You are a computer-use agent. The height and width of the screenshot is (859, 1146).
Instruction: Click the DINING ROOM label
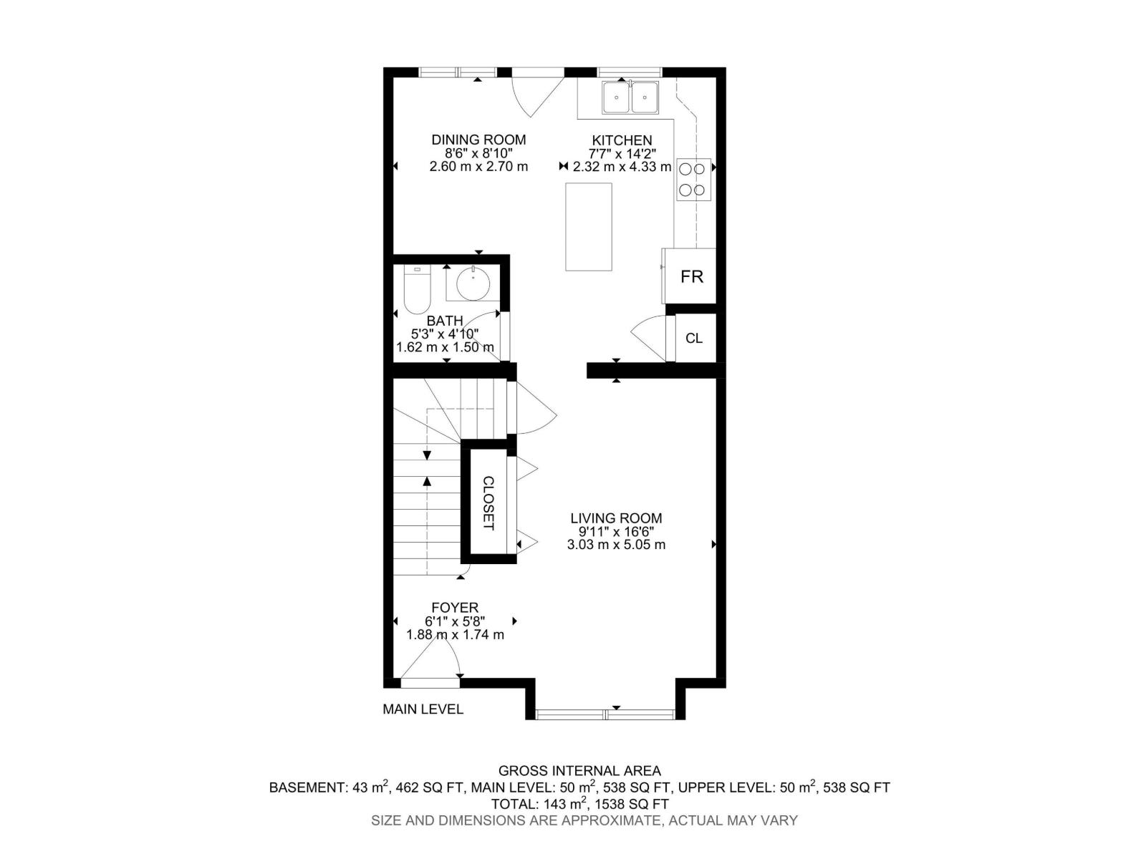click(478, 140)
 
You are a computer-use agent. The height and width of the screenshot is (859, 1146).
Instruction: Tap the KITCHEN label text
click(622, 140)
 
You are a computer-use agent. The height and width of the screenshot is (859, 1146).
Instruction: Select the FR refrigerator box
click(691, 276)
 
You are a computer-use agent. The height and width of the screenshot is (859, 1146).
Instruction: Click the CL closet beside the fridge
click(693, 338)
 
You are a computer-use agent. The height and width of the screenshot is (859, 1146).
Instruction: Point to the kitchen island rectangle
click(589, 227)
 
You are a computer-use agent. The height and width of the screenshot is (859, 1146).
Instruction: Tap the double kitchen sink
click(630, 97)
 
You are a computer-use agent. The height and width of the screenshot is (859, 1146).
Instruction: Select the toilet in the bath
click(416, 291)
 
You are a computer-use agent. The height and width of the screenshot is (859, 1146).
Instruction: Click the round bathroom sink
click(473, 283)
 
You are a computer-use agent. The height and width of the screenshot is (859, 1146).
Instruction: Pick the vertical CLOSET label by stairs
click(488, 503)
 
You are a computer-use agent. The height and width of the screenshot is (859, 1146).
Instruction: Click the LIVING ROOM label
click(616, 518)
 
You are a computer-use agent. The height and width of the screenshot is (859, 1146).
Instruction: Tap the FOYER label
click(455, 608)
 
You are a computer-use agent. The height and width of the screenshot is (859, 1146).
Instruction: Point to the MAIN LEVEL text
click(423, 709)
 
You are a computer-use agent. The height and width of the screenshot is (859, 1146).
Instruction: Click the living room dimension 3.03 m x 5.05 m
click(616, 544)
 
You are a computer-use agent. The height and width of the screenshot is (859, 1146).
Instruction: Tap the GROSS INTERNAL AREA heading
click(579, 771)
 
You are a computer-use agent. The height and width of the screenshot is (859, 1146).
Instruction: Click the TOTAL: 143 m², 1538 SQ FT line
click(579, 804)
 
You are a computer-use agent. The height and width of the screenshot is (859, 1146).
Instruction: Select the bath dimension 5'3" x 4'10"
click(444, 334)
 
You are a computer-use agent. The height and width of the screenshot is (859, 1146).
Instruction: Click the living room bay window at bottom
click(605, 713)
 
